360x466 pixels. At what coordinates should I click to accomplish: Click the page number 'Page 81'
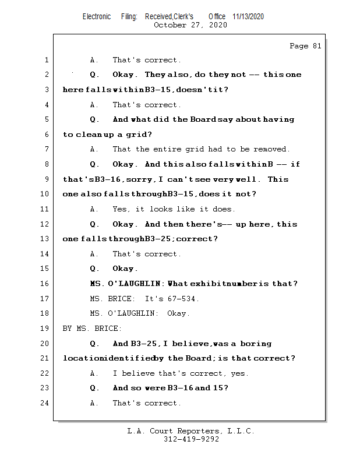click(x=305, y=46)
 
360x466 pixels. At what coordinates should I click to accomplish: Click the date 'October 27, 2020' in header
click(x=190, y=25)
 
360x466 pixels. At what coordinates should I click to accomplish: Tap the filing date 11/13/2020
click(x=248, y=17)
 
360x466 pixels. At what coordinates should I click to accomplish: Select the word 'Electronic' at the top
click(x=97, y=17)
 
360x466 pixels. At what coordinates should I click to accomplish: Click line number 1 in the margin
click(x=47, y=60)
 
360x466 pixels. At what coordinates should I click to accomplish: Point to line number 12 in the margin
click(x=45, y=224)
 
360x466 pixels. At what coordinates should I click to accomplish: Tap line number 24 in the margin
click(x=45, y=403)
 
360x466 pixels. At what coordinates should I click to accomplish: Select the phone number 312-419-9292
click(x=191, y=439)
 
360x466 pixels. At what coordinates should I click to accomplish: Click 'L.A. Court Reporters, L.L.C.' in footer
click(x=190, y=431)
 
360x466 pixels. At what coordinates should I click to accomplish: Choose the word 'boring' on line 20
click(x=256, y=344)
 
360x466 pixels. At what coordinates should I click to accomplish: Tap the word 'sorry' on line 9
click(x=121, y=179)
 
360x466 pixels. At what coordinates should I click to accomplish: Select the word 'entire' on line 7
click(x=174, y=150)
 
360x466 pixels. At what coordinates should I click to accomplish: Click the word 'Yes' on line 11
click(x=121, y=209)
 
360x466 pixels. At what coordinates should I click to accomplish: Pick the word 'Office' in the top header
click(x=217, y=17)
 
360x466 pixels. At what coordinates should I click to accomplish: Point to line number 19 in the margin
click(x=45, y=329)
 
